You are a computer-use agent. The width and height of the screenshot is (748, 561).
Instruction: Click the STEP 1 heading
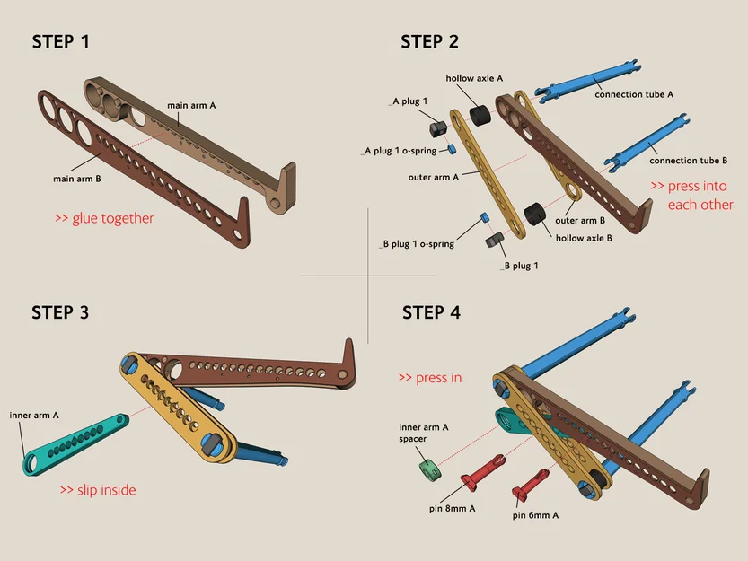click(60, 42)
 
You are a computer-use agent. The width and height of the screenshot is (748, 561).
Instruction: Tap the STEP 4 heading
click(431, 313)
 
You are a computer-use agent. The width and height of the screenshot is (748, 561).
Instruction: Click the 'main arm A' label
click(191, 105)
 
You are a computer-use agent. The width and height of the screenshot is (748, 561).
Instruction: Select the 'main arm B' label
click(77, 179)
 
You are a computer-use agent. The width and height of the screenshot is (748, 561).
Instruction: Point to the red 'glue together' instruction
click(104, 218)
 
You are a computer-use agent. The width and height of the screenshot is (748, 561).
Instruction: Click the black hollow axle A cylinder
click(480, 116)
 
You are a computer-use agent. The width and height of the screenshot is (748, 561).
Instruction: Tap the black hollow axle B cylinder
click(535, 215)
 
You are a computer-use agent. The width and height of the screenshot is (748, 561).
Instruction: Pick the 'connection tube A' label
click(634, 94)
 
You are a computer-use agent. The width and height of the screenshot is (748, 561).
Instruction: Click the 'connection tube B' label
click(689, 161)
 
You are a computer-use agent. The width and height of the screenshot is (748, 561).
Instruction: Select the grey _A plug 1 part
click(438, 128)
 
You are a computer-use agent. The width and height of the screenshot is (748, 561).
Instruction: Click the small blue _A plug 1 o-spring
click(453, 149)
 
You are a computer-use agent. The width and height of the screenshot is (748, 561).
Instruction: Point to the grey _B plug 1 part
click(494, 239)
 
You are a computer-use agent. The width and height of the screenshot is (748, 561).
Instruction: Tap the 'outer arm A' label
click(433, 178)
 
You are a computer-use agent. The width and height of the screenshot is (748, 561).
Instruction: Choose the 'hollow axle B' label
click(584, 238)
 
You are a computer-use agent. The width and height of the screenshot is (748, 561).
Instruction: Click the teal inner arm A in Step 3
click(76, 443)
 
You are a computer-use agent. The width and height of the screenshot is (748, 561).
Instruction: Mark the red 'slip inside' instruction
click(98, 490)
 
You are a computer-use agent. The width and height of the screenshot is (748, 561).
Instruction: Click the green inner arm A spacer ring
click(430, 469)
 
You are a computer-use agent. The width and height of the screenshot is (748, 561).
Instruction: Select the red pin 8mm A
click(483, 472)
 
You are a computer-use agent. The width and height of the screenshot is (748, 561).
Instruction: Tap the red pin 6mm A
click(530, 484)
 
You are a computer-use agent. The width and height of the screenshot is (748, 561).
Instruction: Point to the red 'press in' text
click(430, 378)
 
